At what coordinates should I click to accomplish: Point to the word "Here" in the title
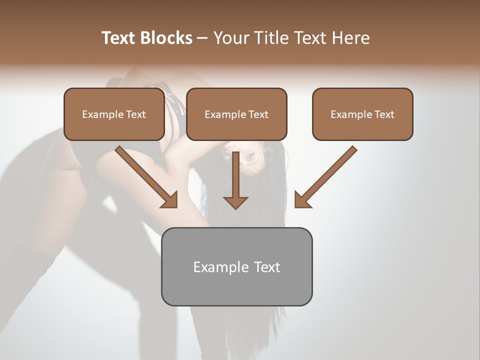(351, 38)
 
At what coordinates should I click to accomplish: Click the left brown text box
(114, 114)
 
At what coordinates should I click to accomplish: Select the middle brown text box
(236, 114)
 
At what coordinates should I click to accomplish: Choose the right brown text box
(362, 114)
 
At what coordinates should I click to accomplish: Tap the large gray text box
(236, 266)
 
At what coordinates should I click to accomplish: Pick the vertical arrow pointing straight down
(235, 180)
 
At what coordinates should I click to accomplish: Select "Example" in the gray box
(220, 267)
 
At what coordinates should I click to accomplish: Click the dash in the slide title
(202, 38)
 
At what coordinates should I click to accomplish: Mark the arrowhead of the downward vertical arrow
(235, 202)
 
